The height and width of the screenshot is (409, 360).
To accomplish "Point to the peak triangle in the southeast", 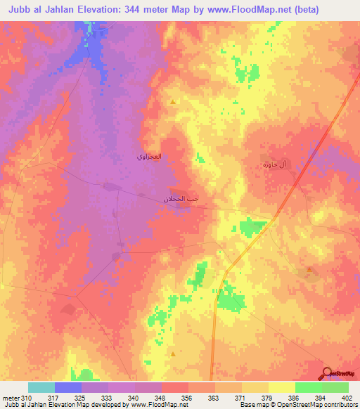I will pos(309,268).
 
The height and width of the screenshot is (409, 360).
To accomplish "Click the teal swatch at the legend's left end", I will pos(41,388).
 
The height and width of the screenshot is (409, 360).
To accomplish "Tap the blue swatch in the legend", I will pos(68,388).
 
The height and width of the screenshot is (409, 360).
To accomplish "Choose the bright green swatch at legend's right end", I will pos(335,388).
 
